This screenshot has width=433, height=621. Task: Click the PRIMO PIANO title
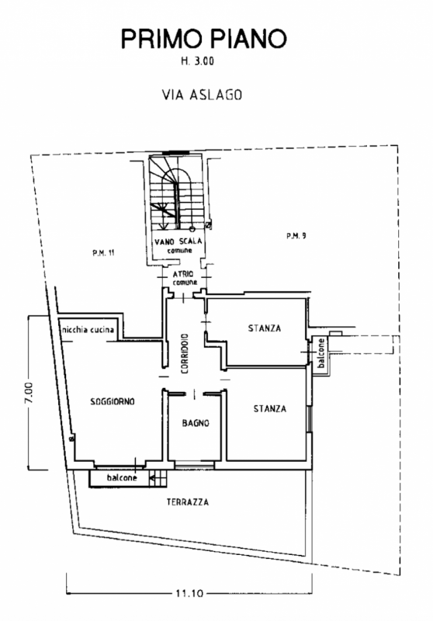point(203,39)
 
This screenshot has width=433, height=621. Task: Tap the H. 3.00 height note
point(198,61)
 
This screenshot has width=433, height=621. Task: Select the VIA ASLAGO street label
point(202,95)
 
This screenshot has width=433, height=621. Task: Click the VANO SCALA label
point(178,241)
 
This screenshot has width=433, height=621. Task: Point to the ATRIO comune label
point(184,278)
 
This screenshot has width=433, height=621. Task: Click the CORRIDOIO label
point(185,354)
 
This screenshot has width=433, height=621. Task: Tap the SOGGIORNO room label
point(113,401)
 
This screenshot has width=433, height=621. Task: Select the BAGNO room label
point(196,423)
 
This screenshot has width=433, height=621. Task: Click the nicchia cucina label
point(88,329)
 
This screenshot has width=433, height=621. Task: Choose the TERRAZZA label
point(188,502)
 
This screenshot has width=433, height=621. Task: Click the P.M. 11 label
point(104,253)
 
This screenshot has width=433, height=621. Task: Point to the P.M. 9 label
point(296,236)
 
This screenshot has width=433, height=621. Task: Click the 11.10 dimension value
point(189,593)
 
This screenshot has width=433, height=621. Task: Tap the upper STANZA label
point(265,328)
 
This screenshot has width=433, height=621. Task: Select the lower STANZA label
point(270,408)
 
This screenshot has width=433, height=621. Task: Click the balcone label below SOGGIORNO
point(122,477)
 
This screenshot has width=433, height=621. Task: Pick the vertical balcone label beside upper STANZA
point(321,352)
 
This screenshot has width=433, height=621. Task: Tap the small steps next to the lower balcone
point(159,479)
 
